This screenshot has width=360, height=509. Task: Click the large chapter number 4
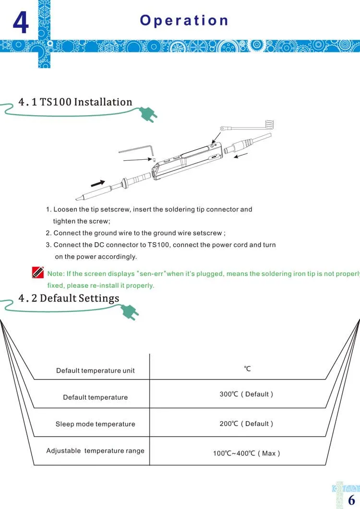pyautogui.click(x=20, y=23)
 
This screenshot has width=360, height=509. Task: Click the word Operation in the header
pyautogui.click(x=184, y=20)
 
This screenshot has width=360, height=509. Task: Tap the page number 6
pyautogui.click(x=351, y=499)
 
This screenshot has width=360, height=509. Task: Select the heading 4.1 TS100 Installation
pyautogui.click(x=75, y=102)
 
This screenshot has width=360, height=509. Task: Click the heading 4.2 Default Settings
pyautogui.click(x=69, y=298)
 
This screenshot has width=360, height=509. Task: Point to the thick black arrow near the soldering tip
pyautogui.click(x=98, y=183)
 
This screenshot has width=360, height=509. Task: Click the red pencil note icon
pyautogui.click(x=37, y=273)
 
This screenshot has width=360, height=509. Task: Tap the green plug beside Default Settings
pyautogui.click(x=130, y=312)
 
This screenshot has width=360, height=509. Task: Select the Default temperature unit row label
pyautogui.click(x=95, y=370)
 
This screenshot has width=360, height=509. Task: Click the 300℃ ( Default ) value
pyautogui.click(x=246, y=394)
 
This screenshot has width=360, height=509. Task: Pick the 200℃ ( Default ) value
pyautogui.click(x=246, y=424)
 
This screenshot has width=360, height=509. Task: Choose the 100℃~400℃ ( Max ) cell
pyautogui.click(x=246, y=453)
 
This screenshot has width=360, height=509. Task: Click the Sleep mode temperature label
pyautogui.click(x=95, y=424)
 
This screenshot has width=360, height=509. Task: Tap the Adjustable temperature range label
pyautogui.click(x=95, y=450)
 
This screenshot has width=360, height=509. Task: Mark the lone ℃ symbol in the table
pyautogui.click(x=247, y=368)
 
